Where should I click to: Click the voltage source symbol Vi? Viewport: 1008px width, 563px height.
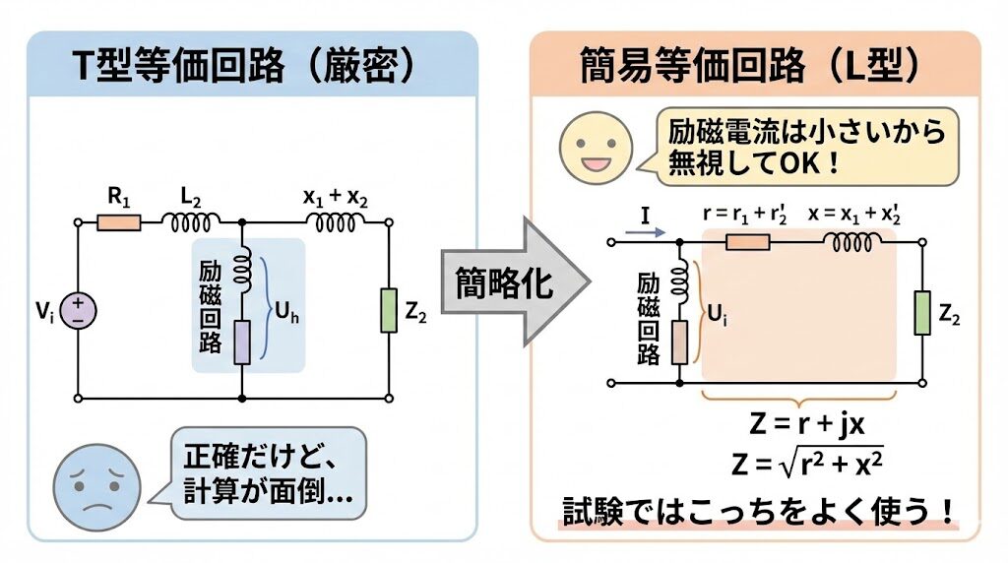pyautogui.click(x=78, y=311)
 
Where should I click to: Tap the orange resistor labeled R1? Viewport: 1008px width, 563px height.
pyautogui.click(x=119, y=222)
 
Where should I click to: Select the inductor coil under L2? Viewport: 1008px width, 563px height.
pyautogui.click(x=193, y=223)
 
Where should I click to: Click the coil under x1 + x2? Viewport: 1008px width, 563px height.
pyautogui.click(x=335, y=223)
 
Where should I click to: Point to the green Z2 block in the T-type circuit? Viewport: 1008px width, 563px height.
pyautogui.click(x=388, y=311)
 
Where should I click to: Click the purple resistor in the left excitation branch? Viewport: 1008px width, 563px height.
pyautogui.click(x=241, y=342)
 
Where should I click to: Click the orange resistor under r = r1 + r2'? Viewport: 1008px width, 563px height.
pyautogui.click(x=747, y=240)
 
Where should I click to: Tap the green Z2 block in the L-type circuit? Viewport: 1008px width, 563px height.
pyautogui.click(x=921, y=313)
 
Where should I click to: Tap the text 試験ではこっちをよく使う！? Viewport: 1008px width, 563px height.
pyautogui.click(x=759, y=511)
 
